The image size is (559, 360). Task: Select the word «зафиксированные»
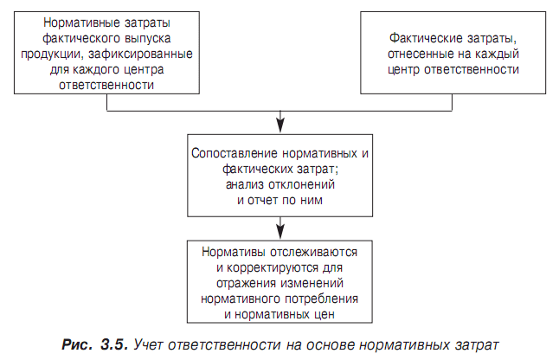[x=140, y=54]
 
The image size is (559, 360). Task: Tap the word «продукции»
[x=53, y=55]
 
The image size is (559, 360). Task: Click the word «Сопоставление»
[x=235, y=153]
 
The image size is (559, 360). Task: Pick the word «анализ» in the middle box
[x=245, y=184]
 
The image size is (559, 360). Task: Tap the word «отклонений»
[x=301, y=184]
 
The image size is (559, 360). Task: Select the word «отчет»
[x=263, y=200]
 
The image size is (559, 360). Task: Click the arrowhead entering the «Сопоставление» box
[x=280, y=125]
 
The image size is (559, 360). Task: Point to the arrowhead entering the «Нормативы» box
[x=280, y=232]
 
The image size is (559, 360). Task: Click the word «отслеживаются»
[x=314, y=252]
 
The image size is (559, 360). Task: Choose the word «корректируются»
[x=273, y=268]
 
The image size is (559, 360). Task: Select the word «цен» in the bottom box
[x=324, y=315]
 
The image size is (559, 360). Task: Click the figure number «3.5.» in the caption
[x=114, y=344]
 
